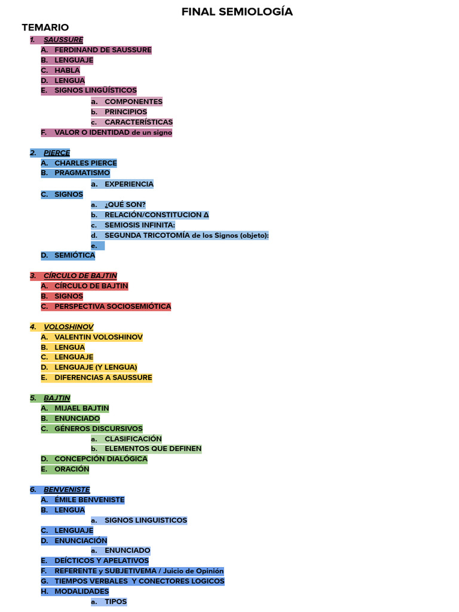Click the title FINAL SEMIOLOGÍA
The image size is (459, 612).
coord(237,12)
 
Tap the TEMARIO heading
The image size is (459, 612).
coord(45,27)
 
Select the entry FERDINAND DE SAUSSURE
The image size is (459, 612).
coord(103,50)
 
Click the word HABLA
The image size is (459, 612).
coord(67,71)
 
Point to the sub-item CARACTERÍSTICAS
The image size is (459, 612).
coord(139,122)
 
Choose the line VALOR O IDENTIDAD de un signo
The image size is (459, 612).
coord(113,132)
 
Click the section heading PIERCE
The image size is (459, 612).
coord(57,153)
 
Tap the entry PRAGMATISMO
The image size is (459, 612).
coord(82,173)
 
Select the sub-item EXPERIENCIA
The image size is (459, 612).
coord(129,184)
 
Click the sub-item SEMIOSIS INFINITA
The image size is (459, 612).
coord(140,225)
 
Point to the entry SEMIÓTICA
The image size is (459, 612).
coord(75,255)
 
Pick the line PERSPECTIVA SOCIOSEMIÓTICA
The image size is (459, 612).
coord(112,307)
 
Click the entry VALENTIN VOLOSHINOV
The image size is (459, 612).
coord(99,337)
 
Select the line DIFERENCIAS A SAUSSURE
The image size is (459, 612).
coord(103,378)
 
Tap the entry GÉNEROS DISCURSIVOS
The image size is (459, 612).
coord(99,429)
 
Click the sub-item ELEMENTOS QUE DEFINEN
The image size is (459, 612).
coord(153,448)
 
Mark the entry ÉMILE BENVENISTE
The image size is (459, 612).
coord(90,500)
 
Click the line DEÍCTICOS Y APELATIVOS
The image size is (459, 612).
coord(102,561)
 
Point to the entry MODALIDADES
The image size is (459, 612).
coord(82,591)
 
